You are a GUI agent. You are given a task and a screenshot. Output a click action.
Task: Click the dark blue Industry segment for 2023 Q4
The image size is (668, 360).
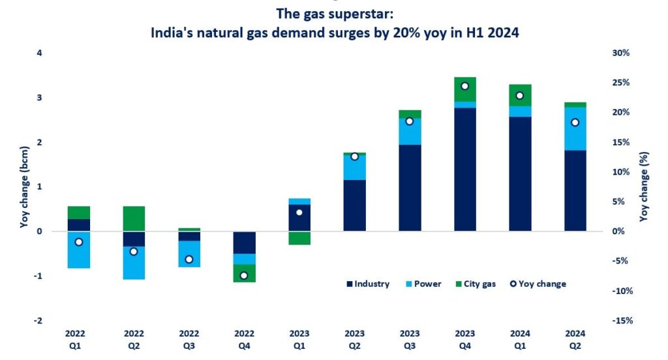464,170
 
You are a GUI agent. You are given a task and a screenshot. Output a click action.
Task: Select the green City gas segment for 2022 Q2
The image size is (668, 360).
134,218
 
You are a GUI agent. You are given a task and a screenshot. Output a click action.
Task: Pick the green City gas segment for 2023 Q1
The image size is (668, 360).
299,238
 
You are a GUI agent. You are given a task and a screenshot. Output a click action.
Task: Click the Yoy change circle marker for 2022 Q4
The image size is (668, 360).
244,275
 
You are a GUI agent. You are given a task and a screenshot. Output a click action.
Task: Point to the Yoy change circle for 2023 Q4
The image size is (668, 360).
464,86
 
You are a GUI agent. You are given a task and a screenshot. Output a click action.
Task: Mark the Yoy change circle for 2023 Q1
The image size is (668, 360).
299,212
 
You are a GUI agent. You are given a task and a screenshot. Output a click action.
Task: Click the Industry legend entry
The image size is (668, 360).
368,284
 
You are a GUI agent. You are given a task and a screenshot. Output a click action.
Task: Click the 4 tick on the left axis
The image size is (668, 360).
40,53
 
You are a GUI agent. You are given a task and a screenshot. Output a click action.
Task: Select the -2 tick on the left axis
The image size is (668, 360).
38,320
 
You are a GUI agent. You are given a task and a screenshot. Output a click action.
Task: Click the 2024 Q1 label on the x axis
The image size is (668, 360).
520,338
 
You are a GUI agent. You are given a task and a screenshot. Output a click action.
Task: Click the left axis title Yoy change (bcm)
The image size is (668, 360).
24,187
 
